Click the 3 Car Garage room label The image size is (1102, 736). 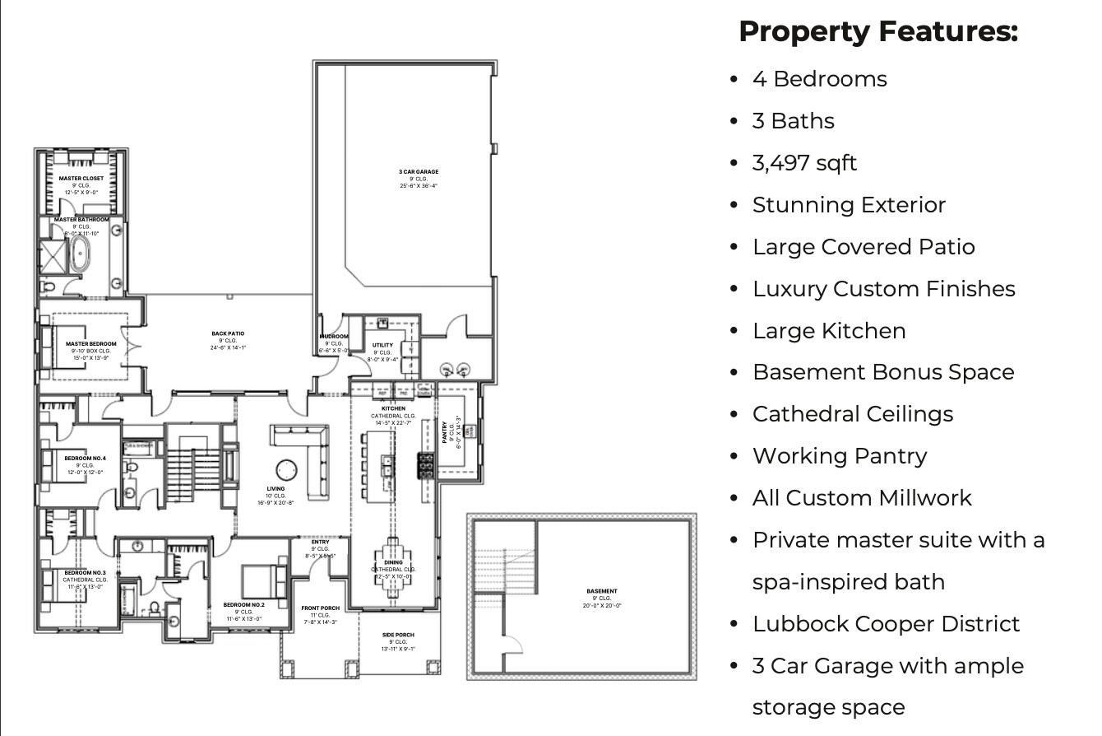(419, 172)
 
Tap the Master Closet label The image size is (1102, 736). (81, 178)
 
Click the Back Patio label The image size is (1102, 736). (228, 333)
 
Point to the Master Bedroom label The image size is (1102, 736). (90, 343)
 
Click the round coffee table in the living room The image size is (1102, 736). (285, 469)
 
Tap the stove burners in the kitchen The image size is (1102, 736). (426, 465)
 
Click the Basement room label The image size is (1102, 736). (602, 591)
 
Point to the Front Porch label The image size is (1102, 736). (320, 608)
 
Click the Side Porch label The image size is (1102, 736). (399, 635)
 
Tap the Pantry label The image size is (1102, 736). (445, 433)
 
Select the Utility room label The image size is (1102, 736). (382, 345)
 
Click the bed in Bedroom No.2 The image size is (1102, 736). (262, 580)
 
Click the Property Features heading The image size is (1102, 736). (878, 31)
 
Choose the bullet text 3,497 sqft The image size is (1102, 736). (803, 163)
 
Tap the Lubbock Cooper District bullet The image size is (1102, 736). (886, 623)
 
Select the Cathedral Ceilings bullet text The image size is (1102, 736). (852, 413)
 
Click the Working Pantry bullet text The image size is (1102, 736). (839, 455)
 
